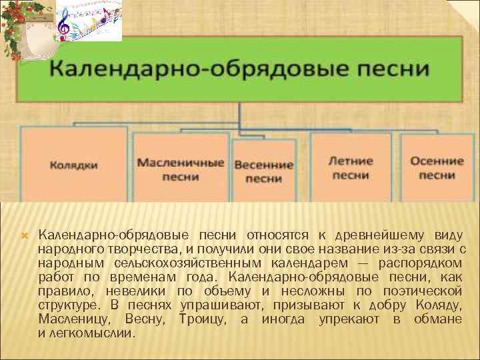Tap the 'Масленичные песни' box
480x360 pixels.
180,169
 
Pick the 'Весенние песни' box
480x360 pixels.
263,171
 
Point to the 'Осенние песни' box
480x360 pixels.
437,167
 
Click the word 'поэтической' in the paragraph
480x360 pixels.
423,291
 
